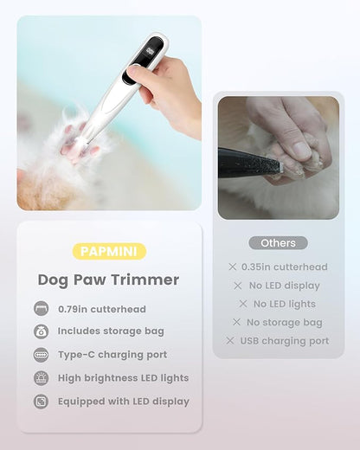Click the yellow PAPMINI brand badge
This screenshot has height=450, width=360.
[108, 252]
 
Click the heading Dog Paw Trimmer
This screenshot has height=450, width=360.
[108, 280]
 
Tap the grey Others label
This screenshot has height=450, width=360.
[278, 243]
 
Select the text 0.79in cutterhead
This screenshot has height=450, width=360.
[102, 309]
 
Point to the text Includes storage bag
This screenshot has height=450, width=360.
[111, 331]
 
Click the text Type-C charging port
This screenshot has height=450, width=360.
[112, 355]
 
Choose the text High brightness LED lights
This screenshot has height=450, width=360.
[123, 378]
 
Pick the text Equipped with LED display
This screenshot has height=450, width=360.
[124, 402]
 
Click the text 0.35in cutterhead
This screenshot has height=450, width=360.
[284, 267]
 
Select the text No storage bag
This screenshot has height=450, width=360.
[284, 323]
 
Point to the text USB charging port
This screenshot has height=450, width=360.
[284, 341]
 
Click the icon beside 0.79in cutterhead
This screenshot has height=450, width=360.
[41, 309]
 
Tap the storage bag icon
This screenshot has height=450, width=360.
[41, 331]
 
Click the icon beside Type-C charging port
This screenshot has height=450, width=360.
[41, 355]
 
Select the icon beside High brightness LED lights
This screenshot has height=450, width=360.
[41, 378]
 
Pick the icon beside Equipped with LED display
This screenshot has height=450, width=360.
[41, 402]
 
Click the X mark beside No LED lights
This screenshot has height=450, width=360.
[244, 305]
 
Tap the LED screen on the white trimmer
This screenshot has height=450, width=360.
[155, 54]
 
